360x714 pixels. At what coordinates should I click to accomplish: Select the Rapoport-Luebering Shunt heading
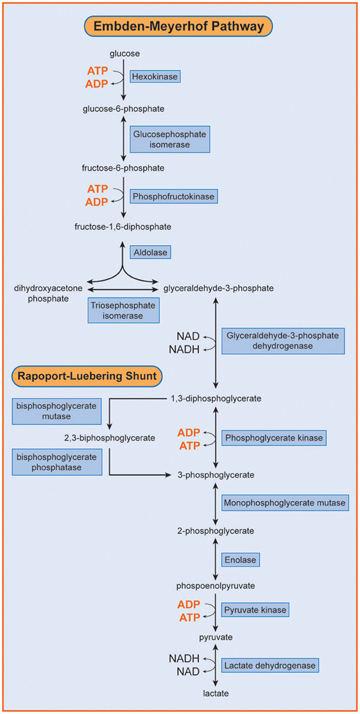pos(87,376)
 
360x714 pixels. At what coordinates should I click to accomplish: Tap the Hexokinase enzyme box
pos(155,76)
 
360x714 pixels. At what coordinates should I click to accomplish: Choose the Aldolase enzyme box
pos(152,252)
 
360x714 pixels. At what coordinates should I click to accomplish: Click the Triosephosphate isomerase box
pos(123,310)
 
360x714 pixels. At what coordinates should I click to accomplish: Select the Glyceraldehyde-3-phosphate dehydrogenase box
pos(282,340)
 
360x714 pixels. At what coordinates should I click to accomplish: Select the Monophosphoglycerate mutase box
pos(284,503)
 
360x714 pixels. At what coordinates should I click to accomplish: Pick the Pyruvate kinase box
pos(254,610)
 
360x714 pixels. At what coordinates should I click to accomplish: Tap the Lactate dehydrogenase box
pos(269,666)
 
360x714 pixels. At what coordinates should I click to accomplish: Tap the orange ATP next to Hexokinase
pos(97,71)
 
